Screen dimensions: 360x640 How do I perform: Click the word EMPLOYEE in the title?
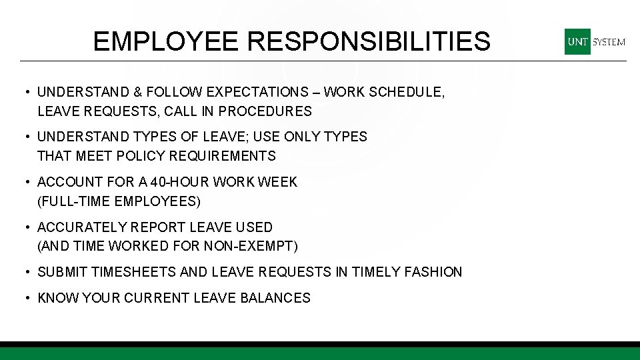pos(166,41)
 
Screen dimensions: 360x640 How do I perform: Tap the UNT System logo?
pos(595,41)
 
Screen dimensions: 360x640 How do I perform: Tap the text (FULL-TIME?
pos(74,201)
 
